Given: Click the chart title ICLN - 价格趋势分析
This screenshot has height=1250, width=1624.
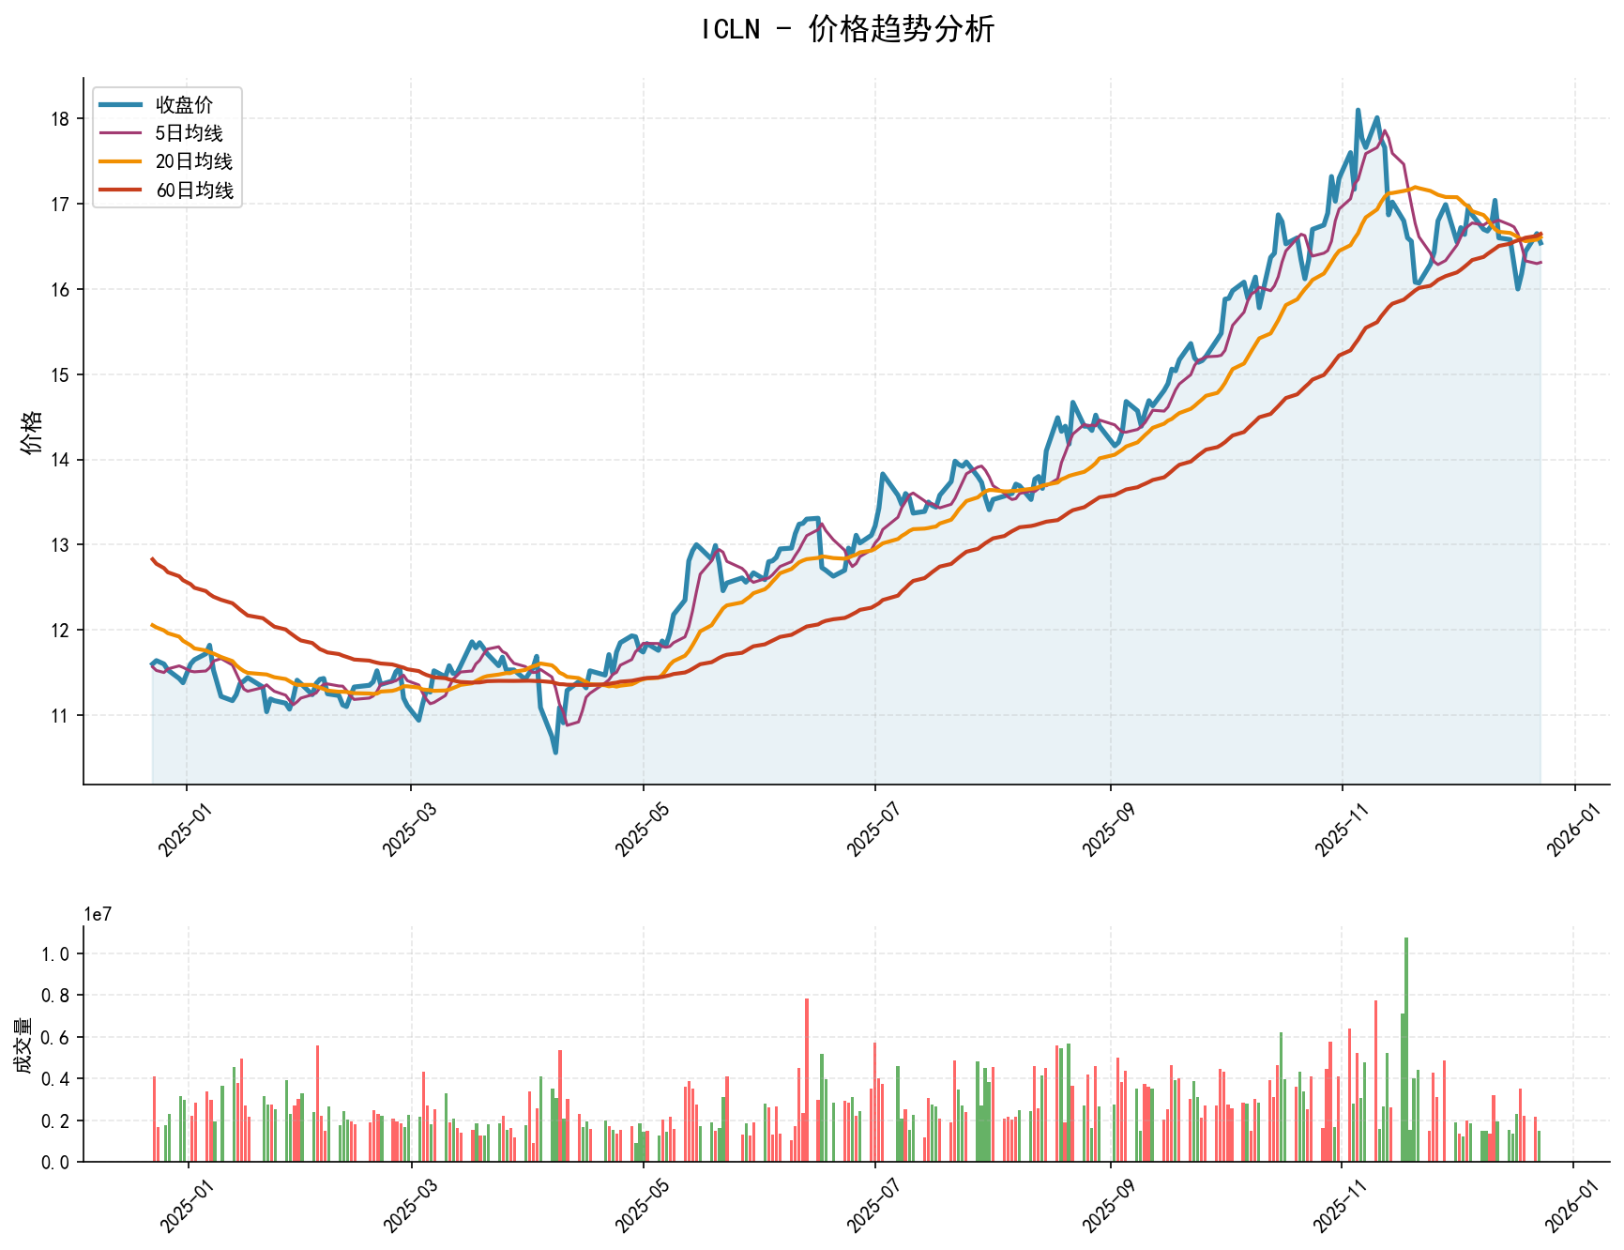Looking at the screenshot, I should pyautogui.click(x=847, y=29).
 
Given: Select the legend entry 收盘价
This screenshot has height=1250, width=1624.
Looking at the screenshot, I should pyautogui.click(x=184, y=105).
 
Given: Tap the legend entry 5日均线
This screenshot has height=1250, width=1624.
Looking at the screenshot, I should pyautogui.click(x=189, y=133).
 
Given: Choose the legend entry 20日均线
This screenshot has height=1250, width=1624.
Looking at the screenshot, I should pyautogui.click(x=193, y=161).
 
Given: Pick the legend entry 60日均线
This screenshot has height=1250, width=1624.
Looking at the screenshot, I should pyautogui.click(x=193, y=191).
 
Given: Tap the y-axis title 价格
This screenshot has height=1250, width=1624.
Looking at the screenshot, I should pyautogui.click(x=31, y=432).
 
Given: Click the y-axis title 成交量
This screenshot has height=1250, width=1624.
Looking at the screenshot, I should pyautogui.click(x=23, y=1044).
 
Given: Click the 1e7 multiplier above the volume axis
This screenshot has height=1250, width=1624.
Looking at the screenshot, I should pyautogui.click(x=98, y=914).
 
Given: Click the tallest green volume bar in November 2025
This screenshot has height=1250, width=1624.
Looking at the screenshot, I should pyautogui.click(x=1405, y=1049).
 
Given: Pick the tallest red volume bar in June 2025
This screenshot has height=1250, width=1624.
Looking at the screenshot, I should pyautogui.click(x=807, y=1080).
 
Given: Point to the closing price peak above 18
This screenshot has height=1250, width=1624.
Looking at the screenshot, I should pyautogui.click(x=1358, y=110).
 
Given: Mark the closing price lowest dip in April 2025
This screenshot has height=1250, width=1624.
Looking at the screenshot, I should pyautogui.click(x=555, y=752).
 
